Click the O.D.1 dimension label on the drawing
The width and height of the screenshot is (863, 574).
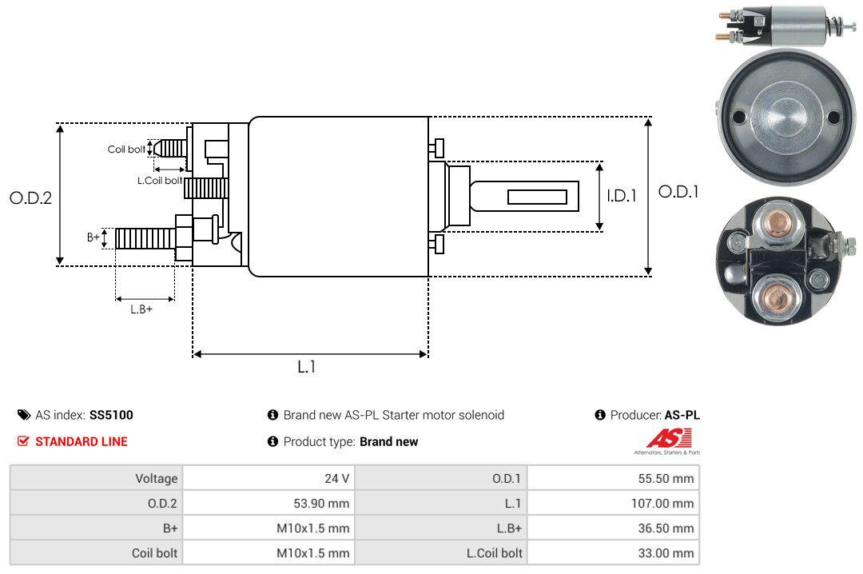click(678, 192)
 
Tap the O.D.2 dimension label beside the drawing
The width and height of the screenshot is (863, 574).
click(30, 197)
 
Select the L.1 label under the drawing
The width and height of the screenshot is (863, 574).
click(307, 367)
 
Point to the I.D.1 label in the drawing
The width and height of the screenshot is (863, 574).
click(621, 195)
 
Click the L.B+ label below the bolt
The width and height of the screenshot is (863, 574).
click(141, 309)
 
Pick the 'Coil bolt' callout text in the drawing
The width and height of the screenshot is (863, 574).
click(126, 149)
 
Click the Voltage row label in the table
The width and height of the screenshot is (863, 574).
click(156, 479)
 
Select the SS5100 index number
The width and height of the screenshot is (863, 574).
click(111, 415)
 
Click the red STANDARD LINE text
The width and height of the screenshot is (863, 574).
click(81, 441)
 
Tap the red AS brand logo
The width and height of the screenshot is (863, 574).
click(662, 438)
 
